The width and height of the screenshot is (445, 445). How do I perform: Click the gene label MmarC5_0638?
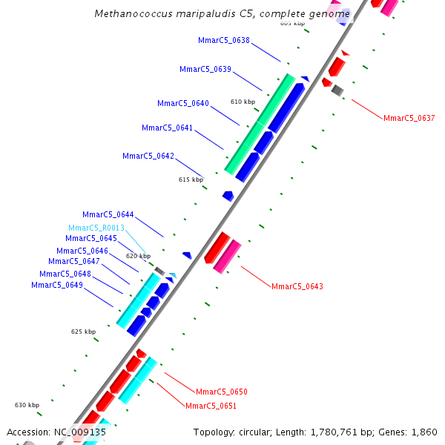pyautogui.click(x=224, y=40)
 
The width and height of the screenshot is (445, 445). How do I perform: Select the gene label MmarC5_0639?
pyautogui.click(x=205, y=70)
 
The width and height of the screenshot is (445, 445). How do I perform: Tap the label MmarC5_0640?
pyautogui.click(x=183, y=104)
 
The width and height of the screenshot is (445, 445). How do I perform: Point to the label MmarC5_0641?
pyautogui.click(x=168, y=128)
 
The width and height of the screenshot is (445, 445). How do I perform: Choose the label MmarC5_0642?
pyautogui.click(x=148, y=156)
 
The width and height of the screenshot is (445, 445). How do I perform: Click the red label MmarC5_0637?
pyautogui.click(x=409, y=119)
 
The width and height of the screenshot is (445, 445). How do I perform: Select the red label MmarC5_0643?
pyautogui.click(x=297, y=286)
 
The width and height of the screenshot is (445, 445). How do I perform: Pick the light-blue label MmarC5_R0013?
pyautogui.click(x=96, y=228)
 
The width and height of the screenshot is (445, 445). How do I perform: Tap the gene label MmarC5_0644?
pyautogui.click(x=108, y=214)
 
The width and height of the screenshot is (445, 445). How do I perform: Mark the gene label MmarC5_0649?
pyautogui.click(x=57, y=286)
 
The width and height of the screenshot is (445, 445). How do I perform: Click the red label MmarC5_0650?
pyautogui.click(x=222, y=392)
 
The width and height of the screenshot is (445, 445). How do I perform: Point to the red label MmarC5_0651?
pyautogui.click(x=211, y=406)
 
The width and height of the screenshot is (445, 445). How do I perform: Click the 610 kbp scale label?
pyautogui.click(x=243, y=102)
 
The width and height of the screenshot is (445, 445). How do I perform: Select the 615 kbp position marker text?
pyautogui.click(x=191, y=179)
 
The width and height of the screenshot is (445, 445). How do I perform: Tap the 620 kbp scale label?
pyautogui.click(x=138, y=256)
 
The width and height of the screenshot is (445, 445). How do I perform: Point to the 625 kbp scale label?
pyautogui.click(x=83, y=332)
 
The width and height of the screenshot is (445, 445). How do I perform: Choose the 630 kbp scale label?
pyautogui.click(x=27, y=405)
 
